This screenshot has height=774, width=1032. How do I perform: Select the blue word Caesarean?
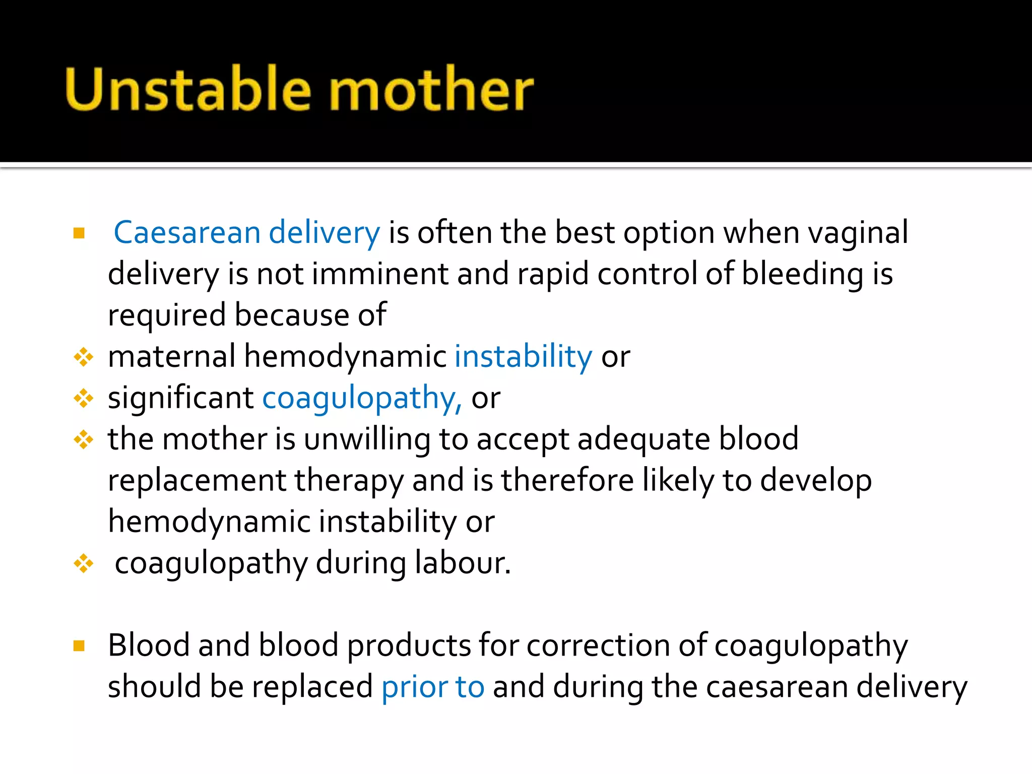187,233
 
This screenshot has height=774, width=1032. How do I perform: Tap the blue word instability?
523,357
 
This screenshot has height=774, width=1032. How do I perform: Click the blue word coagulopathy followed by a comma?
361,399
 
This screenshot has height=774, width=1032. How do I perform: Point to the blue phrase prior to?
433,687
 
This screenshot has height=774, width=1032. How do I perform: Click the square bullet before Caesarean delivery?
79,233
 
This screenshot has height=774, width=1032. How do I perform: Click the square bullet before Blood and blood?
79,646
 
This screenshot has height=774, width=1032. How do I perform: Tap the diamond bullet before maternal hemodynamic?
84,357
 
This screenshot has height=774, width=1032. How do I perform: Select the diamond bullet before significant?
84,399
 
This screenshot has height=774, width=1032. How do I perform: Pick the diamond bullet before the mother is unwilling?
84,440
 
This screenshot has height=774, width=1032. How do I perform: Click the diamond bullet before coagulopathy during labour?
84,563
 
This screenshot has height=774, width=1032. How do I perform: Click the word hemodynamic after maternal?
345,357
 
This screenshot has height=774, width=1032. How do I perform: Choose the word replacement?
197,481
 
